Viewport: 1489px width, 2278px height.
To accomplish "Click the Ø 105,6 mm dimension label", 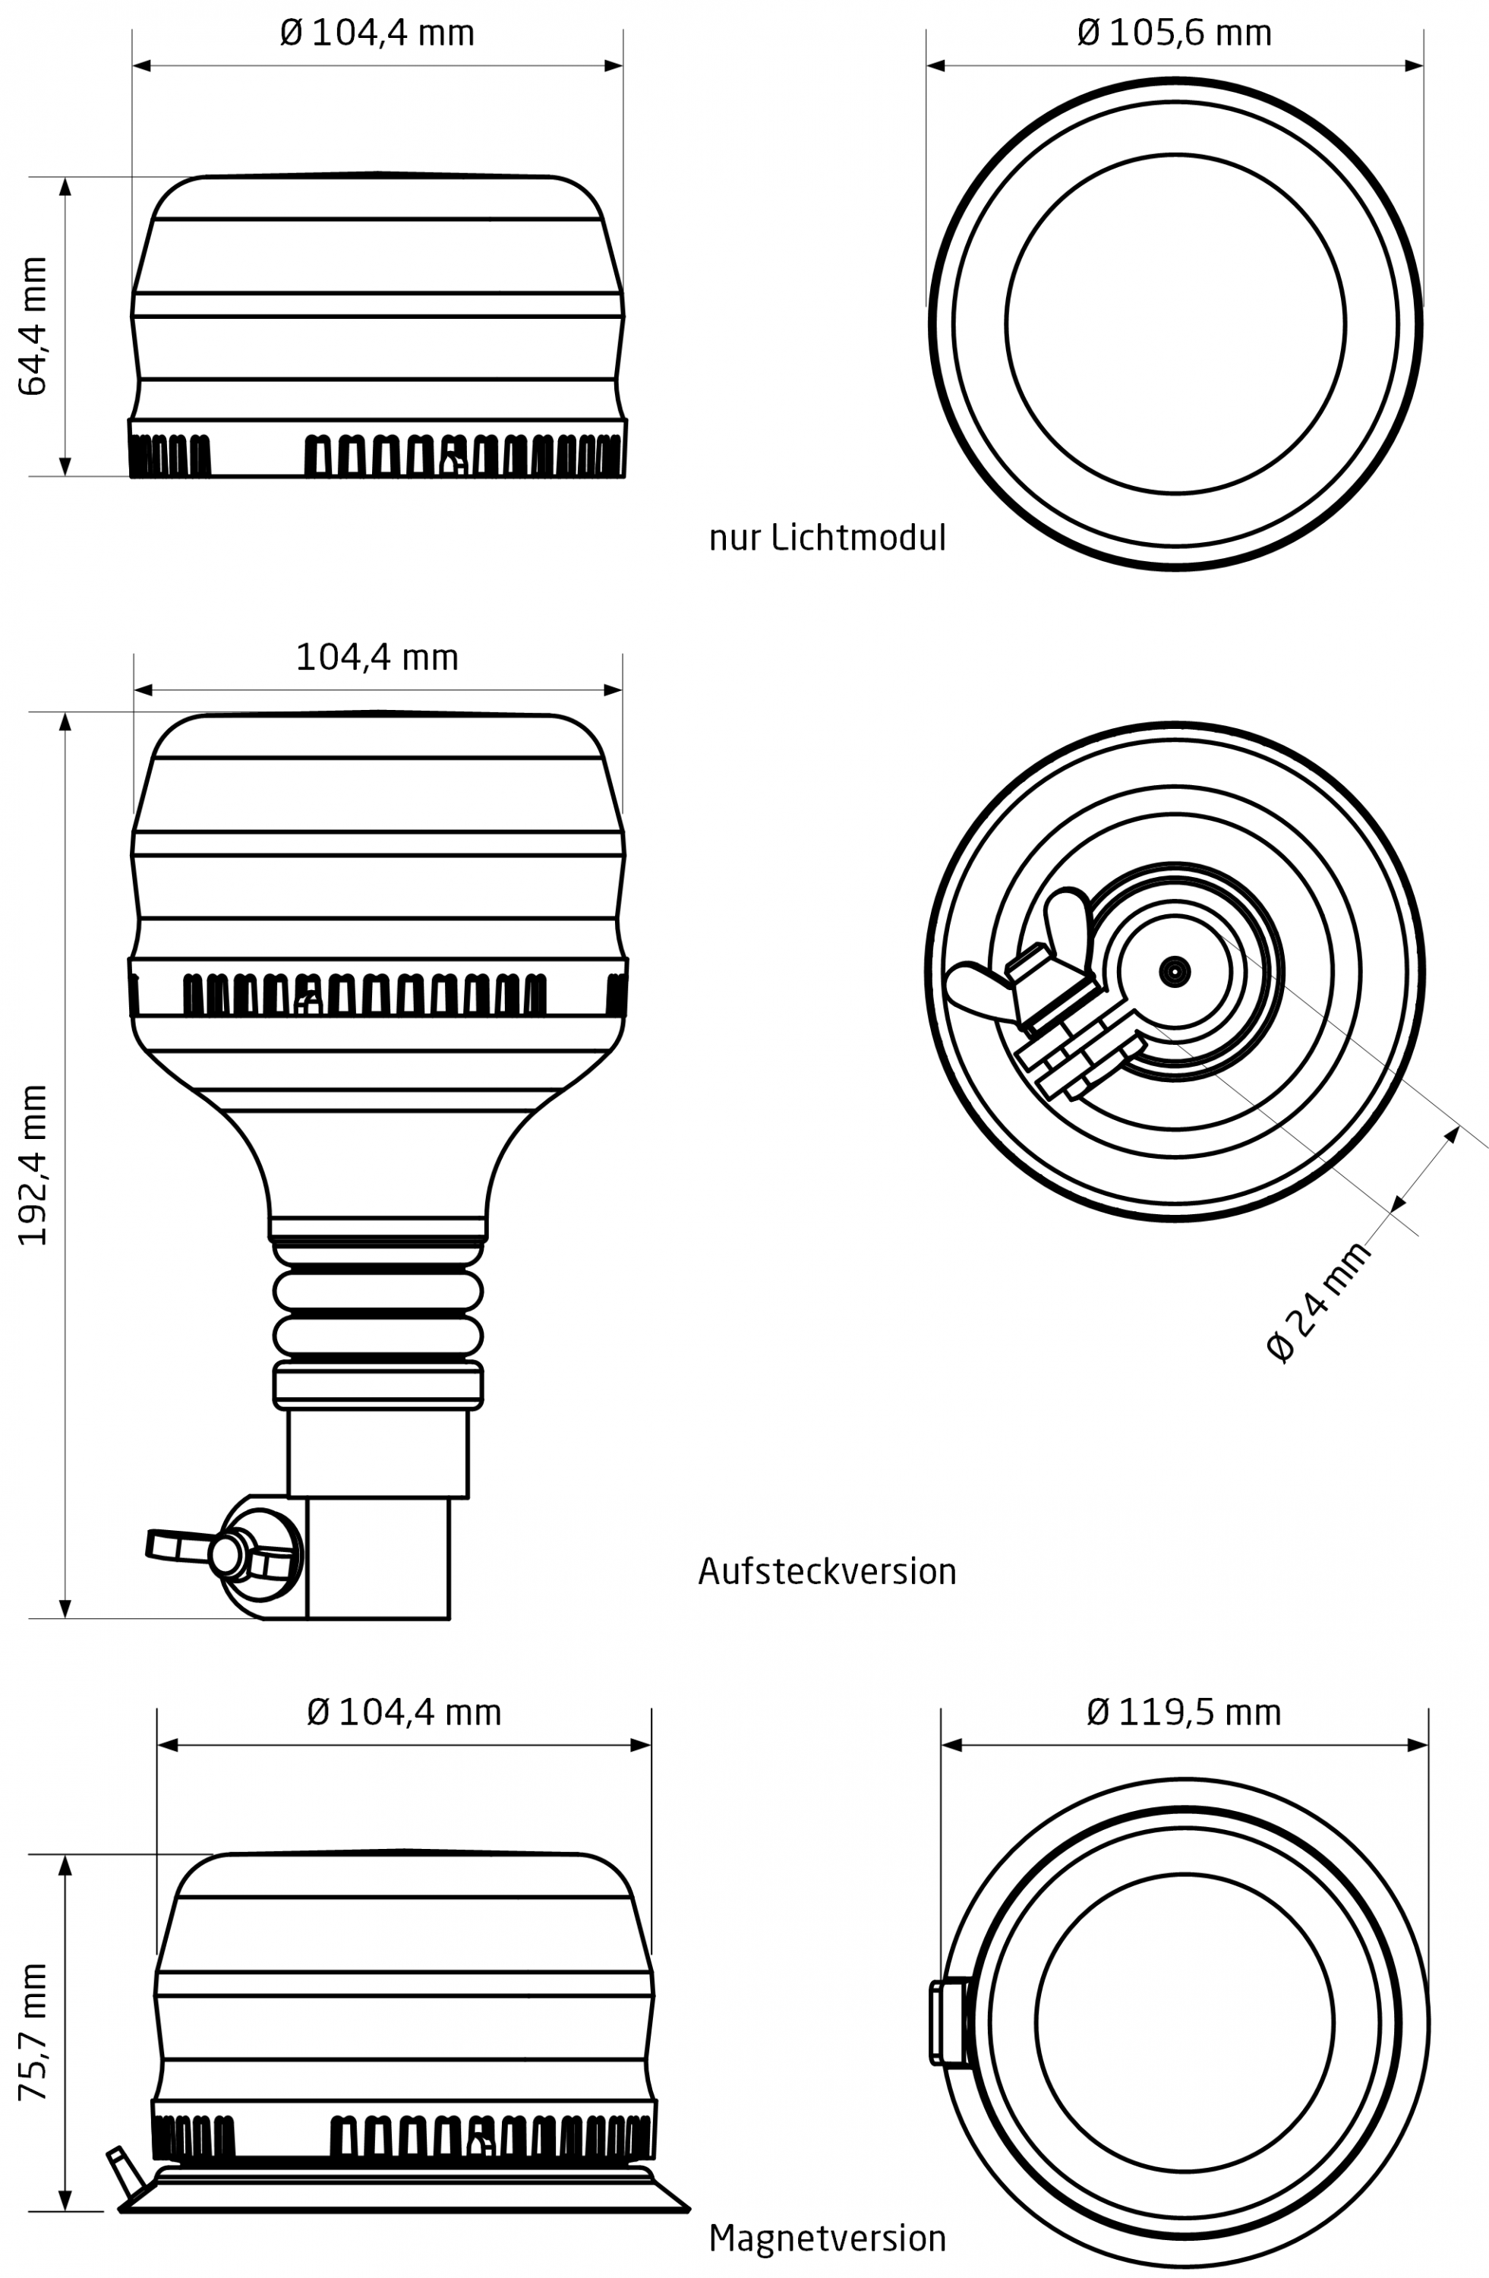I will click(x=1173, y=33).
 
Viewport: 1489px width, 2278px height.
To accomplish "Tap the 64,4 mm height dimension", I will click(x=33, y=326).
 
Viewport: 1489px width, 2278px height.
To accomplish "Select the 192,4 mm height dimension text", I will click(x=33, y=1165).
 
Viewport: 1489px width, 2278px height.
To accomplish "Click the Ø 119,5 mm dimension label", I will click(x=1183, y=1712).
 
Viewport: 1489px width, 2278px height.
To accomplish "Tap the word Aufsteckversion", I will click(x=827, y=1572).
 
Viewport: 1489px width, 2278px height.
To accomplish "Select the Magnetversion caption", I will click(x=827, y=2238).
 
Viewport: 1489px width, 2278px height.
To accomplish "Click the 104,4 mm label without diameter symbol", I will click(x=377, y=658).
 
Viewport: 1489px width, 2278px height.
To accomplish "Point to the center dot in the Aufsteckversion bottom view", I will click(x=1174, y=971).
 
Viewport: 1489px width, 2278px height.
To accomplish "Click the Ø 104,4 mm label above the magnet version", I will click(x=404, y=1712).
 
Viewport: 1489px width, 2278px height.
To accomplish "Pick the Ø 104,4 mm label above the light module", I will click(x=377, y=33).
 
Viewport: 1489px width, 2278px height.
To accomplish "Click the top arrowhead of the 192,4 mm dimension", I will click(x=65, y=721).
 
